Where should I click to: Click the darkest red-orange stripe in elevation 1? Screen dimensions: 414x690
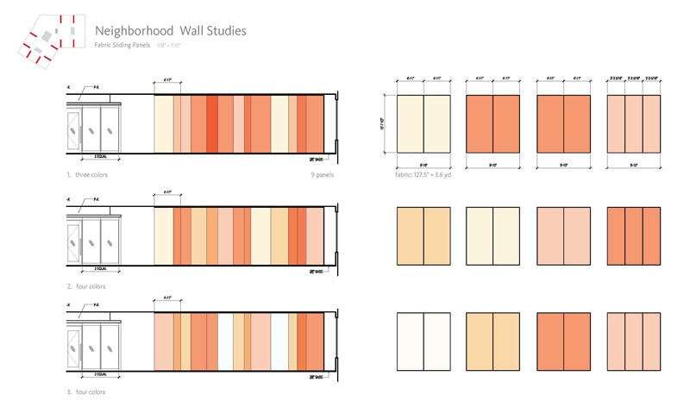(212, 123)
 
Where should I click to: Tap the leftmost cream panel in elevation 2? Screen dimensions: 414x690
(163, 233)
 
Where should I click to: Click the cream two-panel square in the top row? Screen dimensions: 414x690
(423, 123)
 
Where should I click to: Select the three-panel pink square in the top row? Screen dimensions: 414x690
(634, 123)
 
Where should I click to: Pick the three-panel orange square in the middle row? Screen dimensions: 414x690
(634, 234)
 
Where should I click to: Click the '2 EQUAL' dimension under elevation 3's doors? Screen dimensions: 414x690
(107, 373)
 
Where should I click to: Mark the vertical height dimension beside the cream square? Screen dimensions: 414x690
(384, 123)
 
